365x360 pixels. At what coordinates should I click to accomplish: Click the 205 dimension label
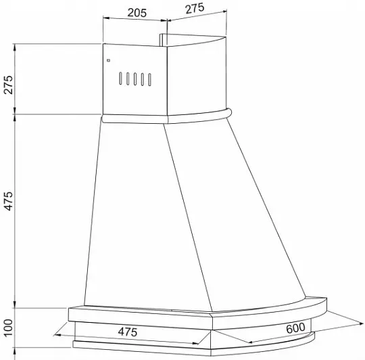[x=137, y=13]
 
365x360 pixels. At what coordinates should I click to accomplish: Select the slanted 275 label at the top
[x=195, y=8]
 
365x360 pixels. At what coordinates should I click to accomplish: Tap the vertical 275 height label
[x=8, y=85]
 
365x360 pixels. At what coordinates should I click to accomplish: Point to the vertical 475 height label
[x=8, y=201]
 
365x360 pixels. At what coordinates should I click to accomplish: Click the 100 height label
[x=8, y=328]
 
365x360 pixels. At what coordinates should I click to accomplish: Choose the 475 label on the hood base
[x=128, y=332]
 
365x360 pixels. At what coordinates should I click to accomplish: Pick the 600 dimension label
[x=295, y=328]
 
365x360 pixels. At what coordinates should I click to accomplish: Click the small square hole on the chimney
[x=108, y=60]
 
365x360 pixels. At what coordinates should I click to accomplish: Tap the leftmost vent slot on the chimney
[x=120, y=78]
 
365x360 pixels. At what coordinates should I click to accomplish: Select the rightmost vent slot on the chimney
[x=149, y=80]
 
